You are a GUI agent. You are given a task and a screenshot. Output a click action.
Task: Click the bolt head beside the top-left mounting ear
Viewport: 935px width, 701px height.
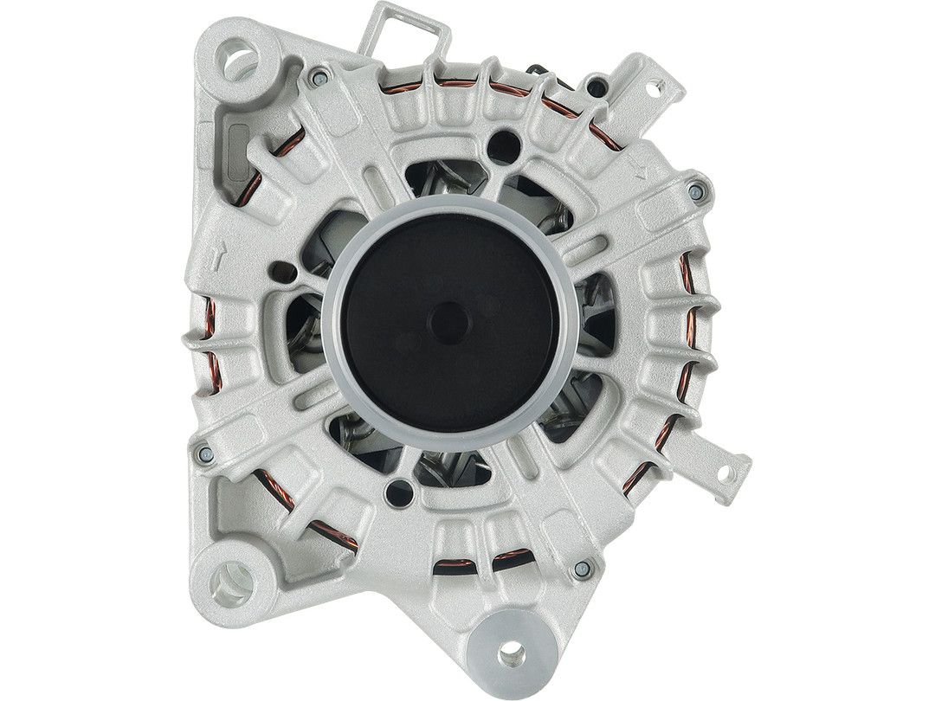[319, 77]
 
